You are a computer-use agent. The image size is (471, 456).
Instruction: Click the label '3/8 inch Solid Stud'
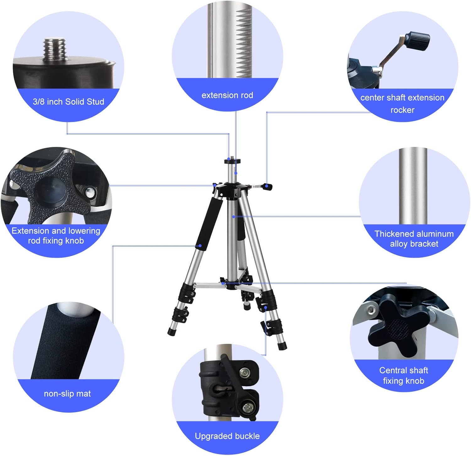pos(68,102)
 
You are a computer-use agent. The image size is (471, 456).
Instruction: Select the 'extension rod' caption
pos(227,95)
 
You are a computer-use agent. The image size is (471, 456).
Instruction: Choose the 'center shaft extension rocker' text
pos(402,104)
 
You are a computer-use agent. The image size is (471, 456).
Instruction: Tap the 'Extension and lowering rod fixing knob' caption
pos(56,236)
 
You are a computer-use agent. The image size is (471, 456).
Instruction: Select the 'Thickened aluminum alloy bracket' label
pos(414,239)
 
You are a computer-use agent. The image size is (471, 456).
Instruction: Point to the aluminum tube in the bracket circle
pos(413,185)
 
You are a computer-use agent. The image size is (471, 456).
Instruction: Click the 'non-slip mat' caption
pos(67,394)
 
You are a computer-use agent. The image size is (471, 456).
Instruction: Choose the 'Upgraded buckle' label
pos(227,436)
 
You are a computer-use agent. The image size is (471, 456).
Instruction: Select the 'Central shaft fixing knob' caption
pos(403,375)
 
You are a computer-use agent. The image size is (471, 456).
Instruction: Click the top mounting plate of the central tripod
pos(232,161)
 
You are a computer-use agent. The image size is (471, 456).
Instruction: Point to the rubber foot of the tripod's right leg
pos(282,346)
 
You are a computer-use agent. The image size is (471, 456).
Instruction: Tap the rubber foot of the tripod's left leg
pos(171,332)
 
